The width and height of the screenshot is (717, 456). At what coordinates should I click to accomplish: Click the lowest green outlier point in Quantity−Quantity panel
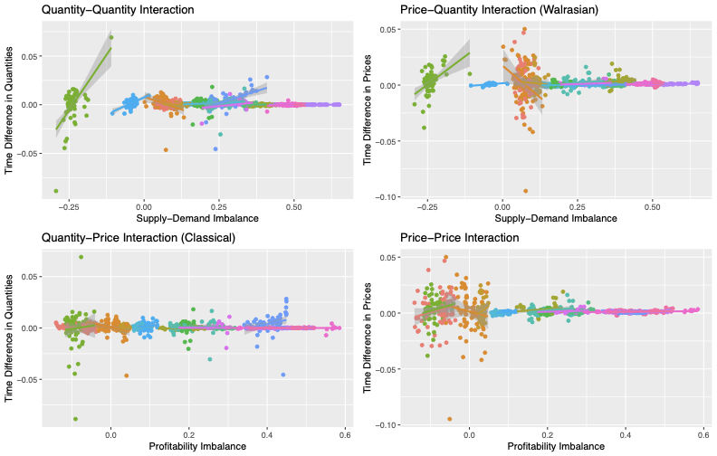pos(56,191)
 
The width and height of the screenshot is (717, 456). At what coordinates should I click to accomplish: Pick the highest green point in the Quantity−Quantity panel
pos(110,37)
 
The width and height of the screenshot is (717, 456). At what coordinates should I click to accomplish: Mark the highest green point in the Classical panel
pos(81,257)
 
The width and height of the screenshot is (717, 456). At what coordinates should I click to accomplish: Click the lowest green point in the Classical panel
pos(75,419)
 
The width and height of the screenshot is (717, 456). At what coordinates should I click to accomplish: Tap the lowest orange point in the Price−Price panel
pos(449,419)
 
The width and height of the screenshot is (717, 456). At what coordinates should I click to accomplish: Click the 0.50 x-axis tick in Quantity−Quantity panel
pos(293,207)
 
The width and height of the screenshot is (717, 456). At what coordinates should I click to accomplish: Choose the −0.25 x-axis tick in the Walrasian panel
pos(425,207)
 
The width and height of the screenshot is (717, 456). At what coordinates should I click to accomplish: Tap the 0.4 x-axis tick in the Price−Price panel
pos(623,434)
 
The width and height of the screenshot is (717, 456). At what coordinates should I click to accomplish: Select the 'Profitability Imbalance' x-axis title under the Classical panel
pos(194,446)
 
